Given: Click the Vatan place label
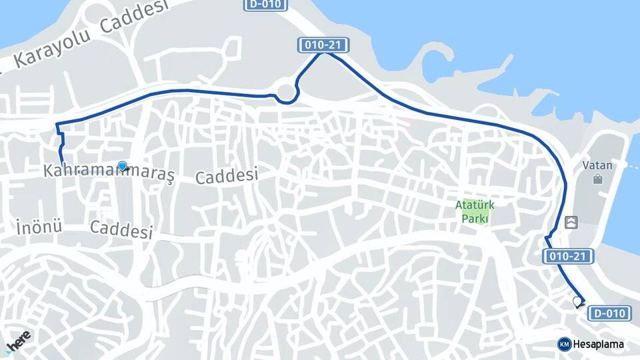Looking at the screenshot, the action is (x=597, y=165).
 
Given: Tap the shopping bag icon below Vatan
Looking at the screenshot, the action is (x=597, y=179).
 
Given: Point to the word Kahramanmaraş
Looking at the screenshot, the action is (x=109, y=172).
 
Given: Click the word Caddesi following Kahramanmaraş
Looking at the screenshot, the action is (x=227, y=176).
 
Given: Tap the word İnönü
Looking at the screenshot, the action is (x=38, y=227).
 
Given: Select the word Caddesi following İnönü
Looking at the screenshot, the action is (x=121, y=229).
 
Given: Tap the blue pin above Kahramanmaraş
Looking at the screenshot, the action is (x=122, y=166).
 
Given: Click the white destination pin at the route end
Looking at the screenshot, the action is (x=577, y=302).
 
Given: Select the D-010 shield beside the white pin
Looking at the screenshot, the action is (x=609, y=313).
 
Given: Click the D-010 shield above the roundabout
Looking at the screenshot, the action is (x=266, y=5).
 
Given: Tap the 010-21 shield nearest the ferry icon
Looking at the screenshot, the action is (x=568, y=256).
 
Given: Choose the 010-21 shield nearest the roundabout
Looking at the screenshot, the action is (x=323, y=45).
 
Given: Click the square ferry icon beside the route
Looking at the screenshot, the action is (x=571, y=222).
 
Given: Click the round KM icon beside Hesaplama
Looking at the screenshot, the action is (x=564, y=344).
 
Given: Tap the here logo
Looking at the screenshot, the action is (x=18, y=342).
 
